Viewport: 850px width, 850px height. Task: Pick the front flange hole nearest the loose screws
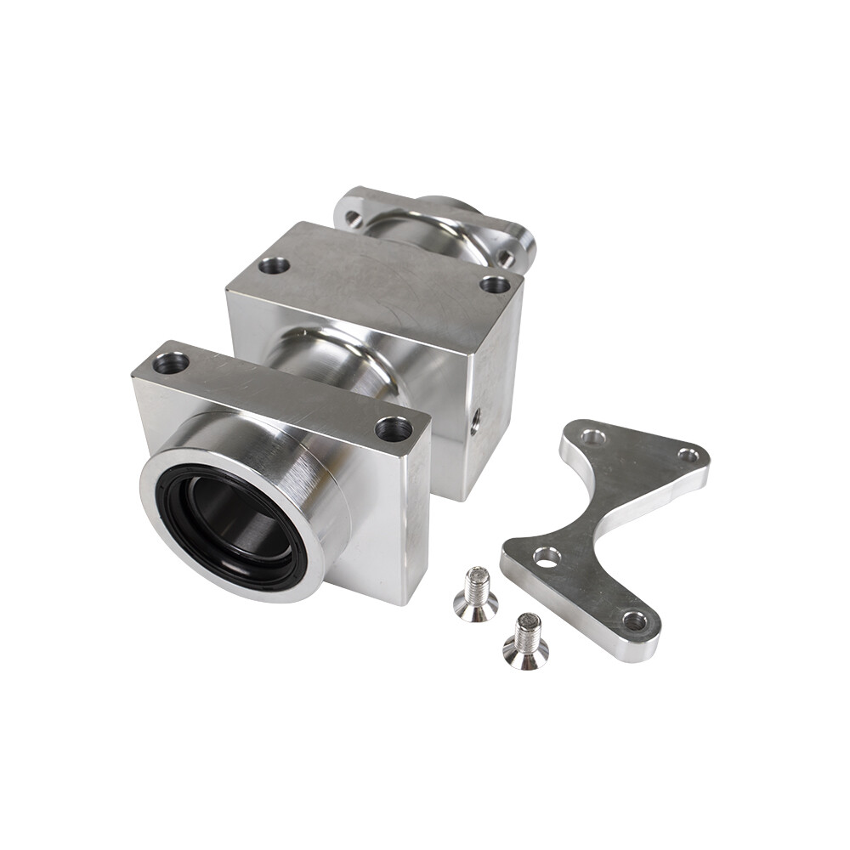(x=393, y=428)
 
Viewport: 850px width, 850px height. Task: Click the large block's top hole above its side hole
(x=495, y=283)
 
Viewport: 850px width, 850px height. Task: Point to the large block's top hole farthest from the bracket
(x=274, y=265)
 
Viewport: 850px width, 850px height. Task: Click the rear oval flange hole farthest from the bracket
(x=351, y=218)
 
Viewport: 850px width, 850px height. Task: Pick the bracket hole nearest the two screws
(x=546, y=557)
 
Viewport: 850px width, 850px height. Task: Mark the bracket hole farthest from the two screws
(x=689, y=456)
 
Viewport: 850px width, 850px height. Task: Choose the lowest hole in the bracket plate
(x=634, y=620)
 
